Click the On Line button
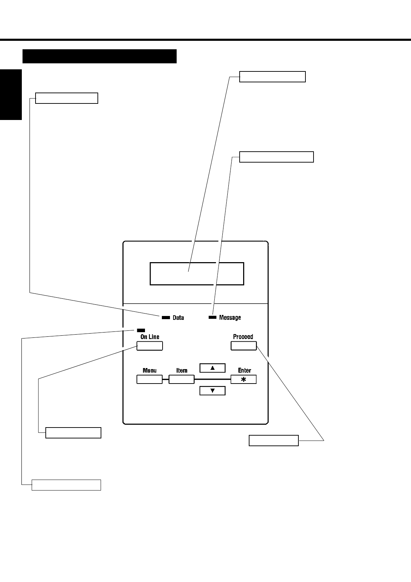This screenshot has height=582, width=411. (150, 346)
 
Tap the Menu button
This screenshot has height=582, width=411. (149, 379)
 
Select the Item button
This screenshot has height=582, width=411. (182, 379)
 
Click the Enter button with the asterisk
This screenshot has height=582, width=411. (244, 379)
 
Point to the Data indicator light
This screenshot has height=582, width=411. (166, 317)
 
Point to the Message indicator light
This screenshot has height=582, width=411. (213, 317)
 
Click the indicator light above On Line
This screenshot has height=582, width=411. (141, 330)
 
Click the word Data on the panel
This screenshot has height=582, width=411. (178, 318)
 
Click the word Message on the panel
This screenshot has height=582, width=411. (230, 318)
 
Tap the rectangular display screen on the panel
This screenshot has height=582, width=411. (197, 273)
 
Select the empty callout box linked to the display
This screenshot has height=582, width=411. (272, 77)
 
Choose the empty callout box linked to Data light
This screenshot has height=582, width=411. (67, 98)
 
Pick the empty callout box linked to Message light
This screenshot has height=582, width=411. (276, 157)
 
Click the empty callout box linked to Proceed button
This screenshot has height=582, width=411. (273, 441)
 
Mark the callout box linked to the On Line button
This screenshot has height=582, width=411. (73, 432)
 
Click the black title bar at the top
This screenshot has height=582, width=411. (99, 56)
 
